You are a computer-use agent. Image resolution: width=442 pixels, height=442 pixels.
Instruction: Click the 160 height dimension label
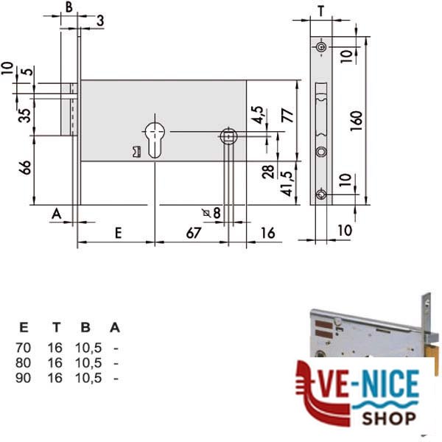point(357,121)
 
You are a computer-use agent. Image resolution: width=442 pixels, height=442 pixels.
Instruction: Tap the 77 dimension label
point(288,115)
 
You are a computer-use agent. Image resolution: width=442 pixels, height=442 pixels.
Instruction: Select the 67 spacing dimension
point(194,233)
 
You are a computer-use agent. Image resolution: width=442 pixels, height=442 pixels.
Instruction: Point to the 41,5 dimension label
point(287,183)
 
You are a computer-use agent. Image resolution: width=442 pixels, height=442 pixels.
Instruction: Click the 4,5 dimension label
point(257,115)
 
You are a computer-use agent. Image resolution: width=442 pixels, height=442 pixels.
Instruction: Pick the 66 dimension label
point(25,167)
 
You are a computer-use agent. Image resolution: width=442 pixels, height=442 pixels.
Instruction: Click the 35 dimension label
point(25,116)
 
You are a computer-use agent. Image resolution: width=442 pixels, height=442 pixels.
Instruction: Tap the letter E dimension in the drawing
point(119,233)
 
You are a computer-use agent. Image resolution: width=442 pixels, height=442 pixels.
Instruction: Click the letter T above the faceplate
point(321,11)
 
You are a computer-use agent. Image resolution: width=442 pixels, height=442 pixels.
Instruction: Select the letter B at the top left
point(69,7)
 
